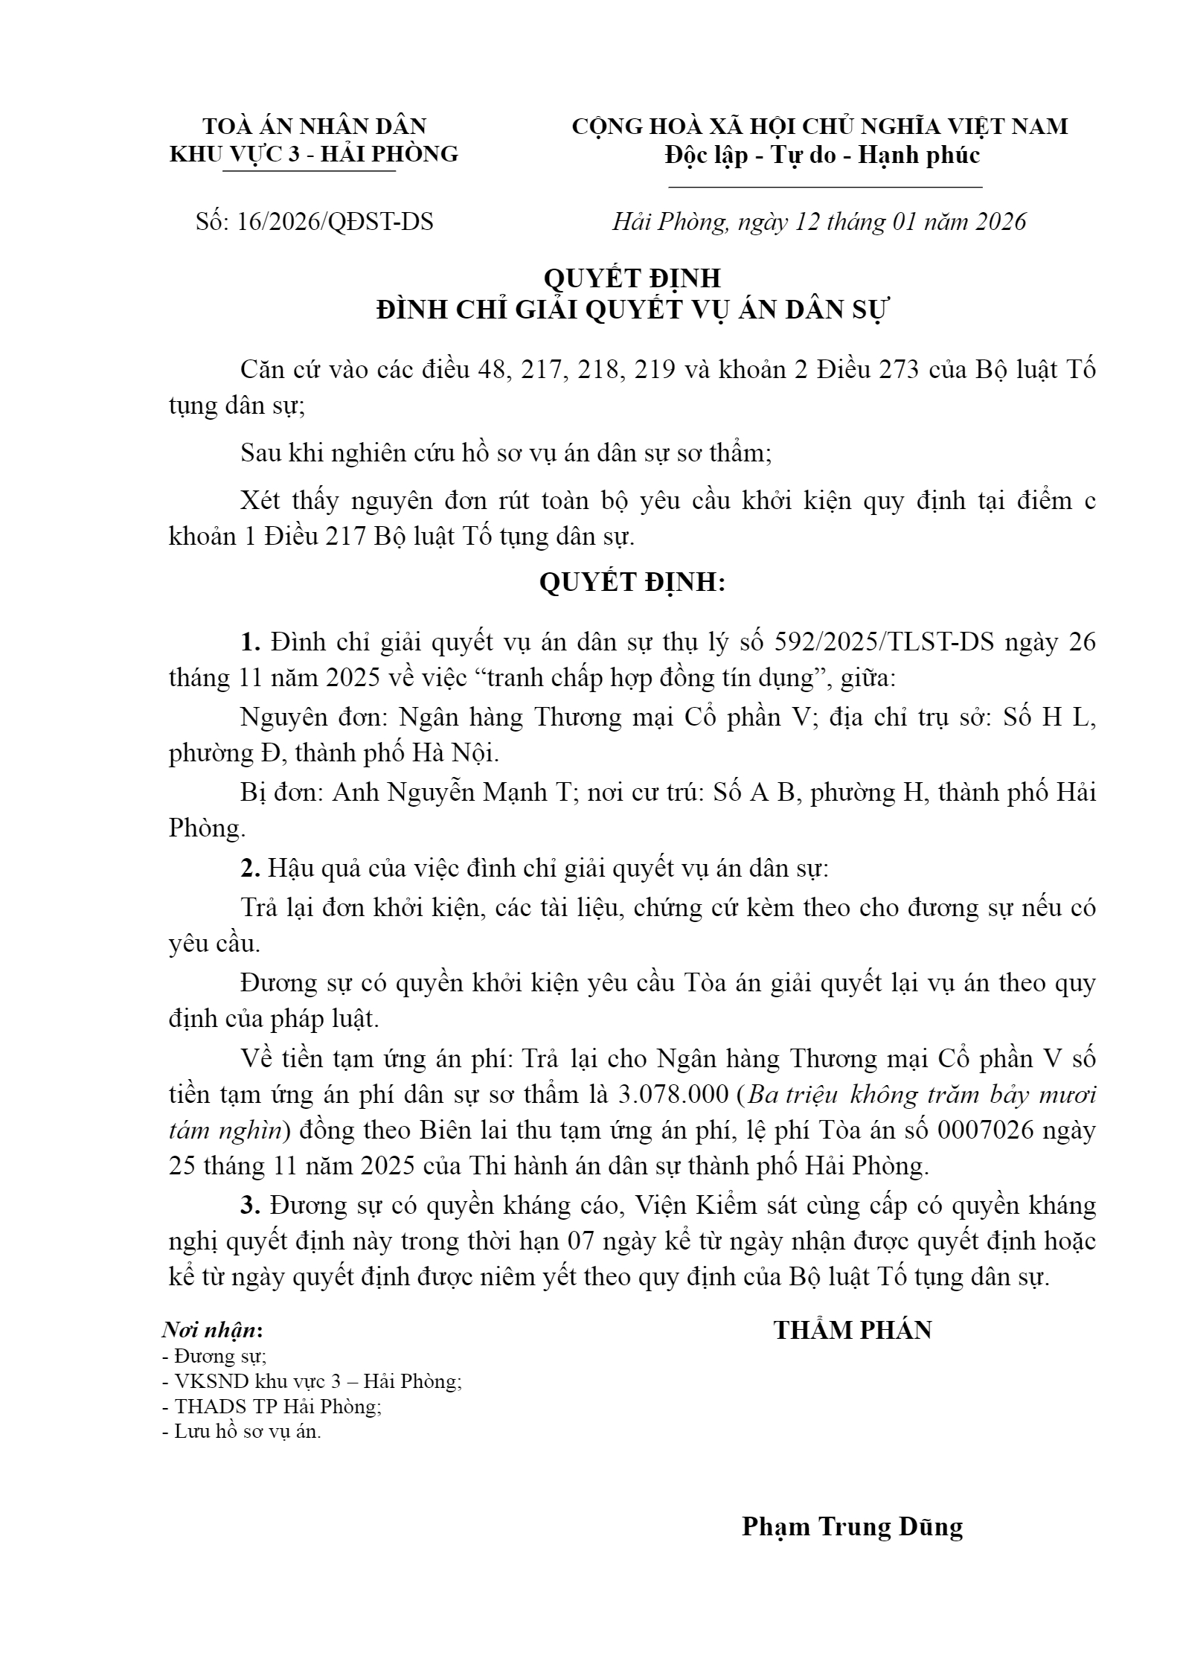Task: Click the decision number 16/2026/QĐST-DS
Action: coord(335,222)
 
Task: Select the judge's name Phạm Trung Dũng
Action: coord(852,1527)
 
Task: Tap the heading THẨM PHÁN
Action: coord(853,1329)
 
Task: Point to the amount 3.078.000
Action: coord(673,1094)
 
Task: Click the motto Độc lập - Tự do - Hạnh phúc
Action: coord(823,155)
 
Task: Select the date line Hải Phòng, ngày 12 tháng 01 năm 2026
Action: coord(819,222)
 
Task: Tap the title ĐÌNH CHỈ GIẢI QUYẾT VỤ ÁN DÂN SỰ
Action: coord(632,310)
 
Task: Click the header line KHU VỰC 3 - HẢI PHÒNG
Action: coord(314,153)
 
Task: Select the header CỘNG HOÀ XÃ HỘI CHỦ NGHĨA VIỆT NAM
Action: coord(819,127)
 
